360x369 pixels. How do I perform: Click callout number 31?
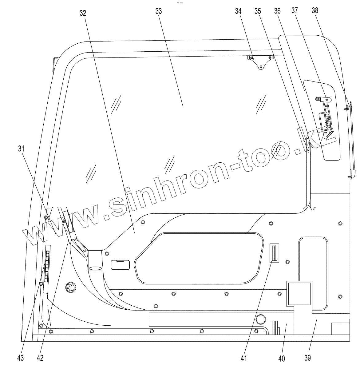tap(21, 149)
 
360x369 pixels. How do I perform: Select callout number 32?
tap(83, 13)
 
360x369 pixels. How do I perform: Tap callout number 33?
tap(159, 11)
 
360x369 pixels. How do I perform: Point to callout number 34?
tap(238, 11)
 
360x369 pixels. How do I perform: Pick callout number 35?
tap(258, 11)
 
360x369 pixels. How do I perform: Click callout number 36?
tap(277, 11)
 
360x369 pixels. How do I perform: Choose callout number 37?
tap(295, 10)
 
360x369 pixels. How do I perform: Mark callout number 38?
tap(315, 10)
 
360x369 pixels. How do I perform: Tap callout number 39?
tap(307, 358)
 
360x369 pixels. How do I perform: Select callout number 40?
tap(282, 359)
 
